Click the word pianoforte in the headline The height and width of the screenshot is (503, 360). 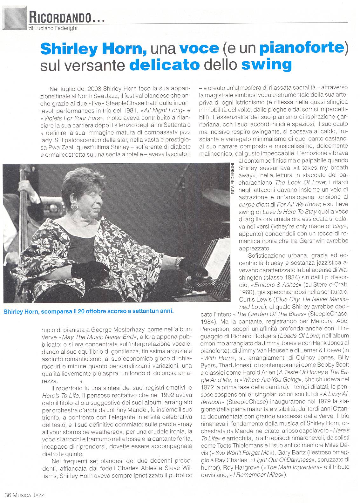click(302, 48)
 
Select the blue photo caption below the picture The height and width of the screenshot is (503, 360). click(89, 311)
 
